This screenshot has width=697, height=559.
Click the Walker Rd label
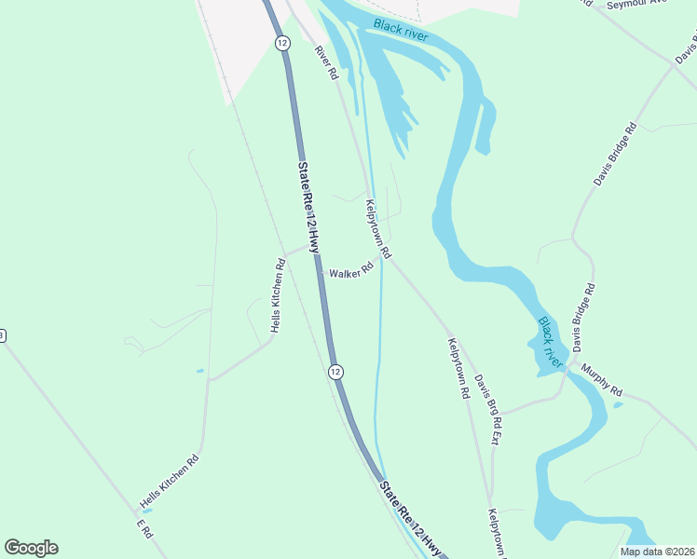[351, 273]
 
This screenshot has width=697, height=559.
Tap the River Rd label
[325, 62]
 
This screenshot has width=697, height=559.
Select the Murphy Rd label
[602, 377]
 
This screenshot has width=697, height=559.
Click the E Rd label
[143, 530]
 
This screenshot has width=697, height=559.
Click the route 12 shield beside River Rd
[281, 43]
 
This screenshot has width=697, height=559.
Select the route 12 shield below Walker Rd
[335, 372]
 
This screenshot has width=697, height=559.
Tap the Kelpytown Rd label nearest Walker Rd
[379, 227]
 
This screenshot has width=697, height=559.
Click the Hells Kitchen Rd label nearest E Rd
[170, 482]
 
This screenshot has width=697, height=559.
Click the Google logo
[31, 548]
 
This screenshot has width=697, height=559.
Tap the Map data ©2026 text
[655, 552]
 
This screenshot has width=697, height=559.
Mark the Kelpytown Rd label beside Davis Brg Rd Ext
[458, 367]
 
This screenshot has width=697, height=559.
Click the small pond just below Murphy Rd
[617, 404]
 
